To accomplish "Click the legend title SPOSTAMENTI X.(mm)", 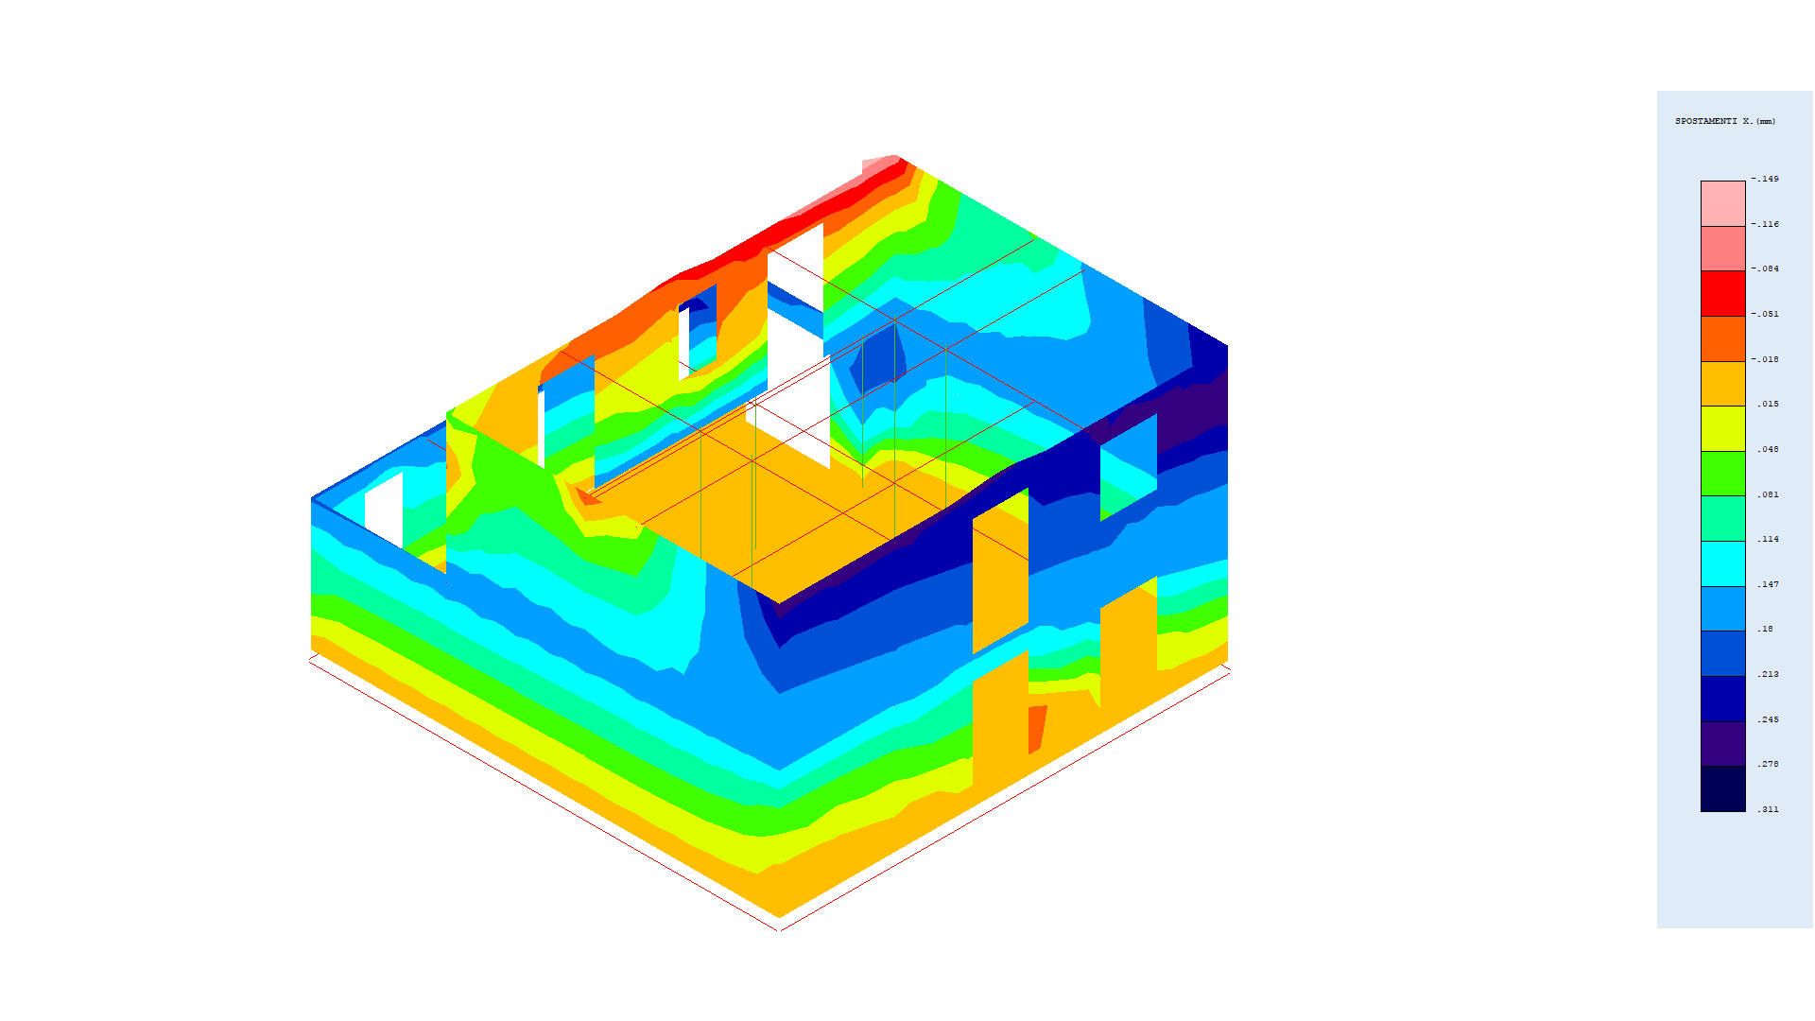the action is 1725,121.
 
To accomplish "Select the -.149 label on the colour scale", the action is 1766,179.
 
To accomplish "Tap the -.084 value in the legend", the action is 1766,268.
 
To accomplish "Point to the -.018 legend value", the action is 1766,359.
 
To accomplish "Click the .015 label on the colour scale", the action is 1768,404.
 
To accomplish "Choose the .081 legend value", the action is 1768,494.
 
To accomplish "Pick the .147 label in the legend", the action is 1768,584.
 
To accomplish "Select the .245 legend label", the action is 1768,719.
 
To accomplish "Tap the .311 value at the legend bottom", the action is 1768,809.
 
